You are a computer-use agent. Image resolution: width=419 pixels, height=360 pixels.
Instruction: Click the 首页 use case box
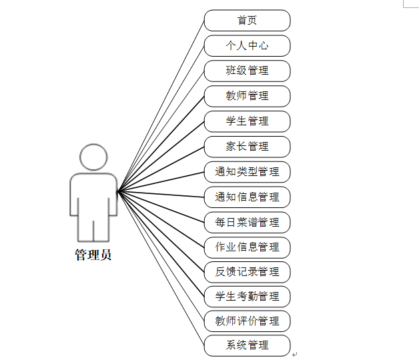[x=247, y=20]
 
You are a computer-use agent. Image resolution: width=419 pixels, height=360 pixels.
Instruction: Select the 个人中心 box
[x=247, y=45]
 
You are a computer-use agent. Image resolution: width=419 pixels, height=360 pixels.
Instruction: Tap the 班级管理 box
[x=247, y=71]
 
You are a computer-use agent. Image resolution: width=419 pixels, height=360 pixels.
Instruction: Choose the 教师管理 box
[x=247, y=96]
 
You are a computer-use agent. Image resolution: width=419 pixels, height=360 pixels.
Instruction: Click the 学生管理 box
[x=247, y=121]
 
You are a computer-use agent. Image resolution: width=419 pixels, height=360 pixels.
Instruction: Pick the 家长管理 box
[x=247, y=147]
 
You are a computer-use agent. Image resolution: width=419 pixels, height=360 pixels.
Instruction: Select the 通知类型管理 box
[x=247, y=171]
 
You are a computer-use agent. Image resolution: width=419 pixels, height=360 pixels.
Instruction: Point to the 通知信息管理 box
[x=247, y=197]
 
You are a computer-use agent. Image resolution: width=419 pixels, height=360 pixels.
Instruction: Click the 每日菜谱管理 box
[x=247, y=222]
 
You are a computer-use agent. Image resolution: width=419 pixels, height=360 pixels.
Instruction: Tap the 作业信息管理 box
[x=247, y=247]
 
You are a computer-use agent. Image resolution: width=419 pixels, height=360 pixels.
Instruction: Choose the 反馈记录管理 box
[x=247, y=271]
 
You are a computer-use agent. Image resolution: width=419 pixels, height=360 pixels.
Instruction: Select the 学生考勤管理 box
[x=247, y=296]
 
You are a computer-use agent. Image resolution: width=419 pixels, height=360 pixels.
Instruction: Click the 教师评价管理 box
[x=247, y=321]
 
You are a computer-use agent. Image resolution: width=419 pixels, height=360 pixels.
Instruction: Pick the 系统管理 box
[x=247, y=345]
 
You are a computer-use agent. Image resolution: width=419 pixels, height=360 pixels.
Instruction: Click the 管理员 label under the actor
[x=93, y=255]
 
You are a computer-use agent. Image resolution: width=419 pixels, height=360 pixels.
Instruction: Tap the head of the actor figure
[x=93, y=156]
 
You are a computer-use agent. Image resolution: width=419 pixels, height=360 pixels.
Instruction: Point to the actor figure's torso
[x=93, y=193]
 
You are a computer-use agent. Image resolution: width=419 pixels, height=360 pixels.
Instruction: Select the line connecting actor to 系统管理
[x=160, y=267]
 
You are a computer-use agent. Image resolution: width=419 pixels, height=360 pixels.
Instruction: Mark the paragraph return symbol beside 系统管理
[x=294, y=355]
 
